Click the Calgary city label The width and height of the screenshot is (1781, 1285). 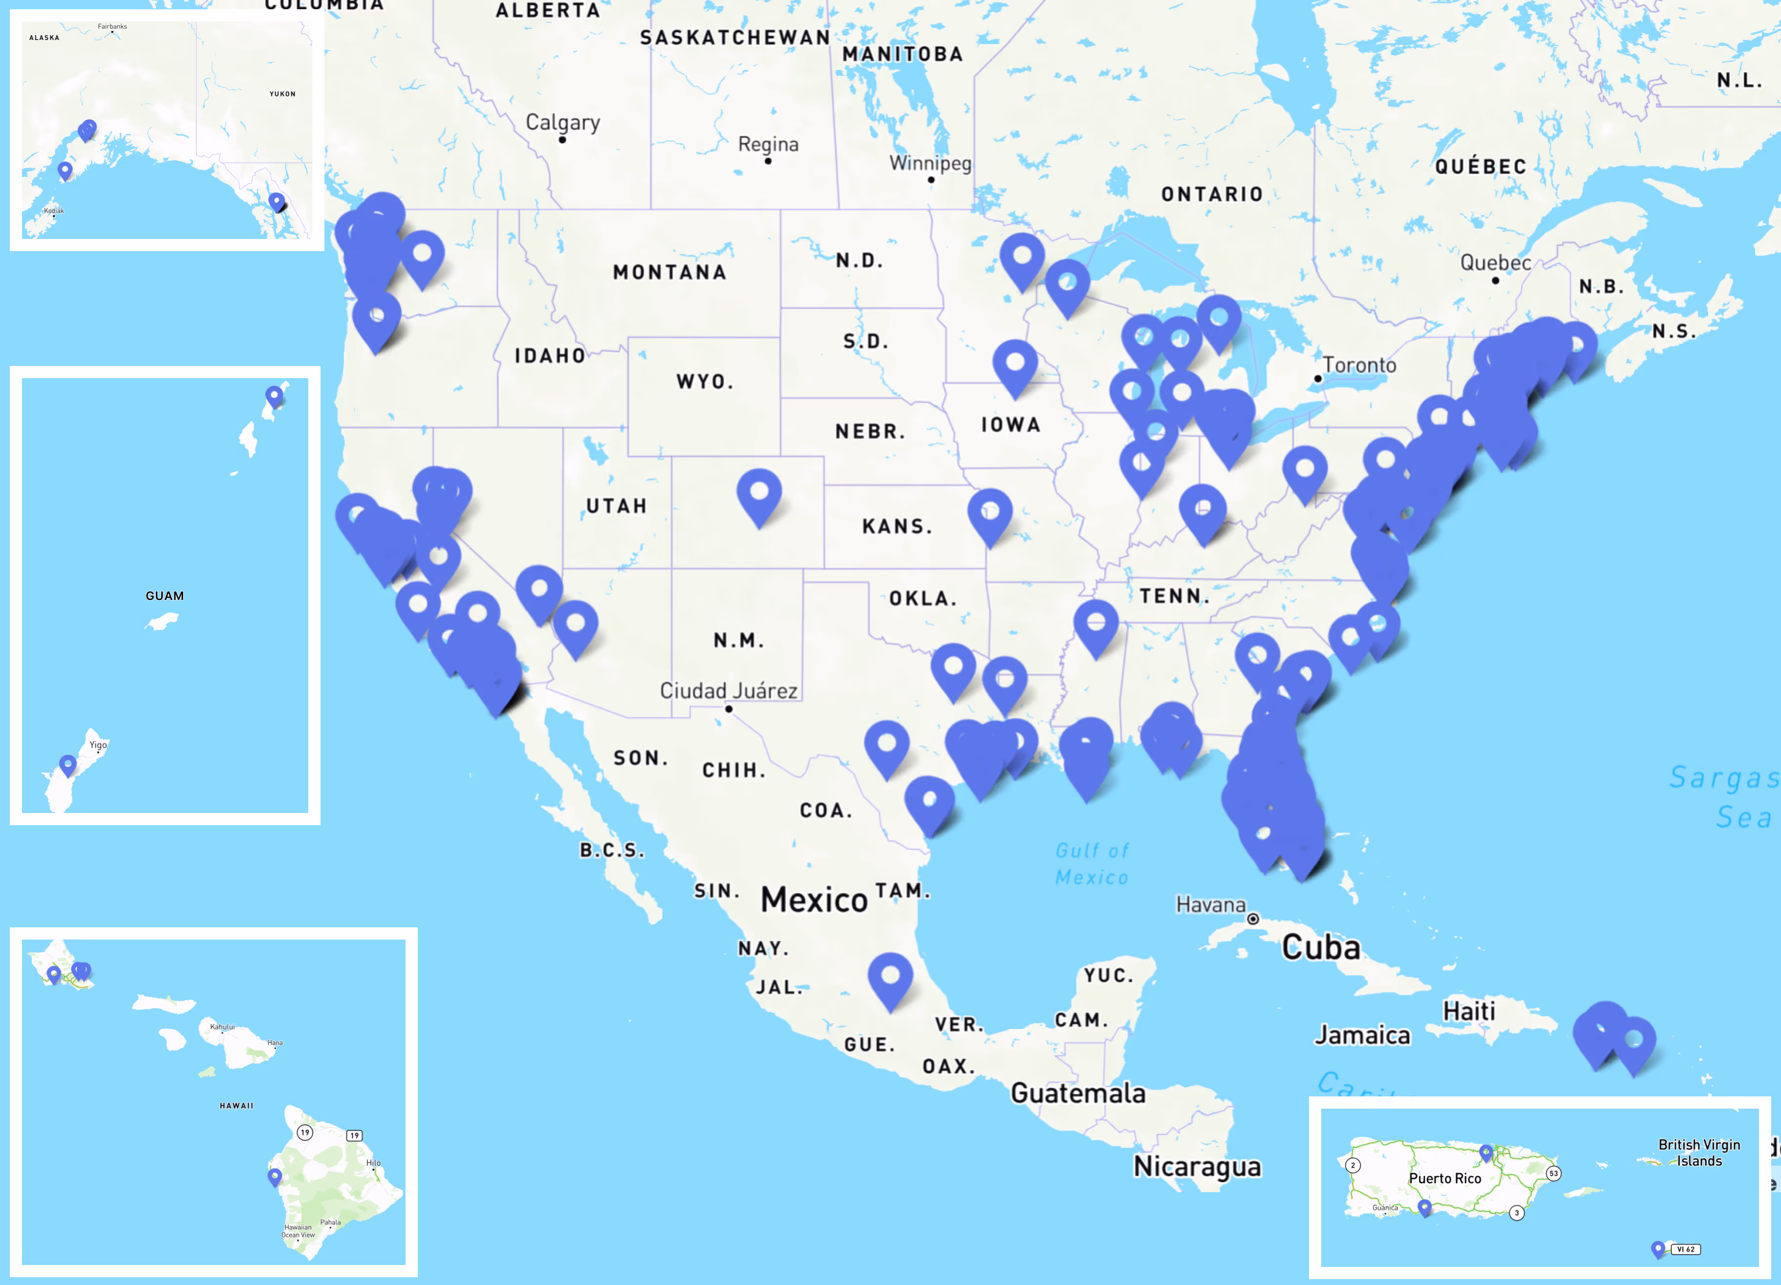(562, 123)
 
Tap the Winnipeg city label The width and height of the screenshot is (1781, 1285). (930, 163)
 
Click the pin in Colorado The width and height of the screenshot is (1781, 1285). (758, 493)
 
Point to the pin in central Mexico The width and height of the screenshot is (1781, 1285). (890, 977)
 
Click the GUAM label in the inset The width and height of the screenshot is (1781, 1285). (165, 596)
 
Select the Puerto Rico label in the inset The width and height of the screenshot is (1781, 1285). (1445, 1178)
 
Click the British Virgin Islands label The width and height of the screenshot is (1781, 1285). (1698, 1152)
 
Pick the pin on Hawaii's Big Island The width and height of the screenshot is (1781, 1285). (275, 1176)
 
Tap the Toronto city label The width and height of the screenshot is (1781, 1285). (1359, 365)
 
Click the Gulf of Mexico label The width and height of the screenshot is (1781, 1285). (1092, 864)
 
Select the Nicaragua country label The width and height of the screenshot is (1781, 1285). (1197, 1166)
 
